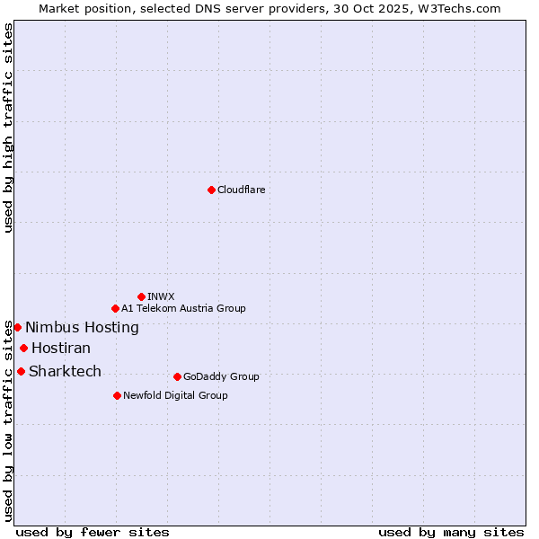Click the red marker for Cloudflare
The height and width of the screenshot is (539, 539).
(x=211, y=190)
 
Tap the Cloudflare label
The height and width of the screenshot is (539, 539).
(x=241, y=190)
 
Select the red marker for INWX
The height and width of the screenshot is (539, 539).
(x=141, y=296)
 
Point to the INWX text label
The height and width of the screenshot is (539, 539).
(x=161, y=296)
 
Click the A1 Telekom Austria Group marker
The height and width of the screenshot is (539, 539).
(x=115, y=308)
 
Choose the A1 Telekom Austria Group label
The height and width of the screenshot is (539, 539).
(x=183, y=308)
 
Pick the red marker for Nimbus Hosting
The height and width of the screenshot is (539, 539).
(x=17, y=327)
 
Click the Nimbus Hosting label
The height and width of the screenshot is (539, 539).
(x=82, y=327)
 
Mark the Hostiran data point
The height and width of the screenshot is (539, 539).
(x=23, y=349)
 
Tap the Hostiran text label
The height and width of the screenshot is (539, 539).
(x=61, y=349)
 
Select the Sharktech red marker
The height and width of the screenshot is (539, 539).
(x=21, y=371)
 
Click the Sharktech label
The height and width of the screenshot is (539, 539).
(x=65, y=371)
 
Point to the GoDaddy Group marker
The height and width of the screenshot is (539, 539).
(x=177, y=376)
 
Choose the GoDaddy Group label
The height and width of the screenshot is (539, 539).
(x=221, y=376)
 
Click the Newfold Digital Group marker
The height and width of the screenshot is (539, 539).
(x=117, y=395)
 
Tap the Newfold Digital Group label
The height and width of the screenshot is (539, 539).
(x=175, y=395)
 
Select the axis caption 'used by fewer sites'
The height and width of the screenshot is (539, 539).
(x=93, y=532)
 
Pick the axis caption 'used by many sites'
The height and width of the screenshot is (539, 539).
(x=451, y=532)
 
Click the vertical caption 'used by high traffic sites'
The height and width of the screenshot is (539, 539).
(x=8, y=128)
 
